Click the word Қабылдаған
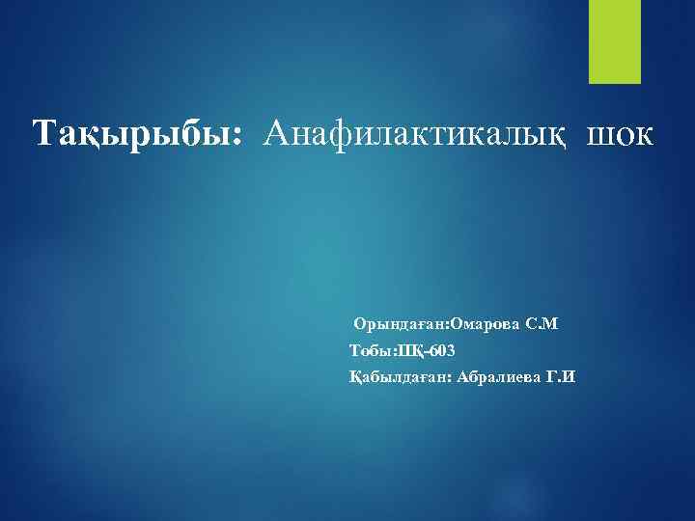(x=398, y=376)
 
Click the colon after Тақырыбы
(x=236, y=136)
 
